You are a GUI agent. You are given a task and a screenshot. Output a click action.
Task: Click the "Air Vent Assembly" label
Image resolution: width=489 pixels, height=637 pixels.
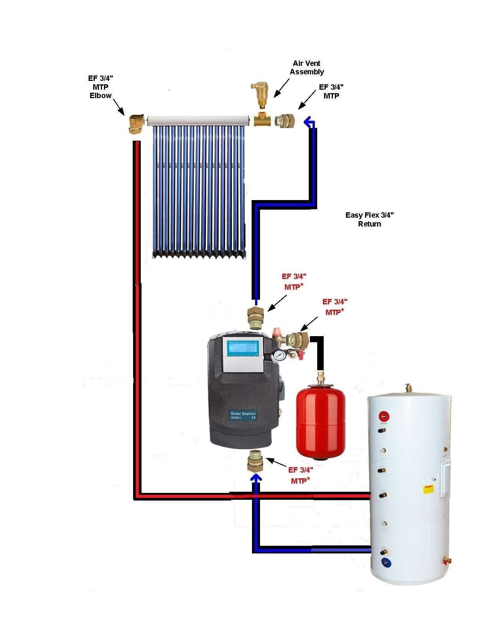point(306,67)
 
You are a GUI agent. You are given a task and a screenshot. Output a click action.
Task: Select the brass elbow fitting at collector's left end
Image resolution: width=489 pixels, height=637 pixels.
point(135,123)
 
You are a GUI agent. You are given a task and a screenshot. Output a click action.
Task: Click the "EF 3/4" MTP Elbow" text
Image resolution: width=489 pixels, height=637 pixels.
point(100,87)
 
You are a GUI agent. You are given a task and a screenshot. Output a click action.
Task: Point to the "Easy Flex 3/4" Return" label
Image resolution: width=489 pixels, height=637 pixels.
point(369,219)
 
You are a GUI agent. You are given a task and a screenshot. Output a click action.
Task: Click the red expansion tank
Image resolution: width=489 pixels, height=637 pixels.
point(321,420)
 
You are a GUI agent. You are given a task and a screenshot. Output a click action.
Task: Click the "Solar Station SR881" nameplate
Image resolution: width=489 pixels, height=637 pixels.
point(243,415)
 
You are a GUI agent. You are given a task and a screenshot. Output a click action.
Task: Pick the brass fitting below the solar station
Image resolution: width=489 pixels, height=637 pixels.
point(255,461)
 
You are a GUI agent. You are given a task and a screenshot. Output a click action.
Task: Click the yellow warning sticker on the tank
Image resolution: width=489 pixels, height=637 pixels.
point(428,489)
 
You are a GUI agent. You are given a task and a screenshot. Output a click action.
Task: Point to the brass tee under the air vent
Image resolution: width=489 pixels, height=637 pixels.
point(262,119)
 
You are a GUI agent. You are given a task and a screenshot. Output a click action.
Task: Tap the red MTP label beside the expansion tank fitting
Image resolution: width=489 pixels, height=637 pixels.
point(334,307)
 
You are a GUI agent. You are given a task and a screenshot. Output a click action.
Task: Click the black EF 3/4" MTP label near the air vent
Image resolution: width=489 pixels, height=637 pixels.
point(331,91)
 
